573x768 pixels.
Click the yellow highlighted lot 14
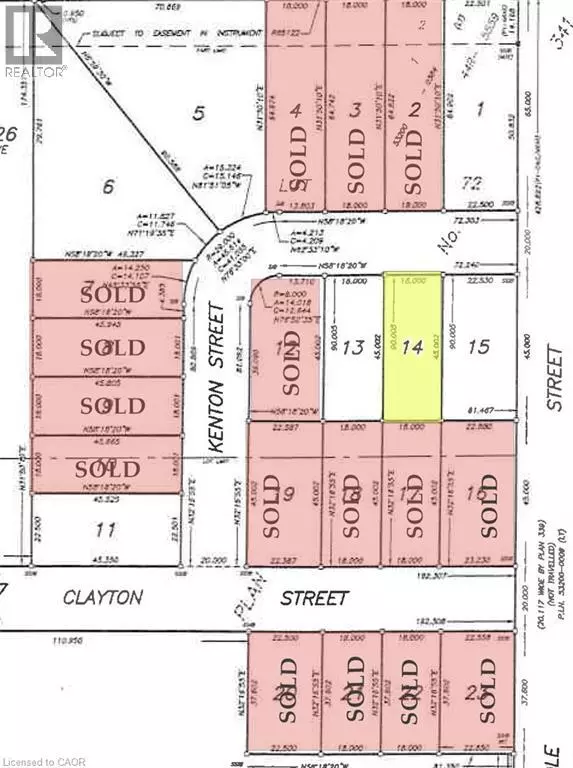point(412,347)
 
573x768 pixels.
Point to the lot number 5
point(198,113)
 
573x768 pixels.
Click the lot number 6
point(110,186)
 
